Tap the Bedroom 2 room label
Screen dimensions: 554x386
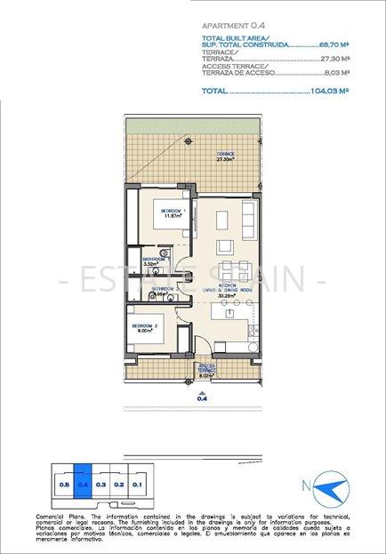(145, 326)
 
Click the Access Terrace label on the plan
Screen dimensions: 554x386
(207, 368)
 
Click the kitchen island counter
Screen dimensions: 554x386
(228, 313)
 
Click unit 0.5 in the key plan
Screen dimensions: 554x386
(63, 485)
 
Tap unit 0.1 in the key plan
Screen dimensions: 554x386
(137, 485)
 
